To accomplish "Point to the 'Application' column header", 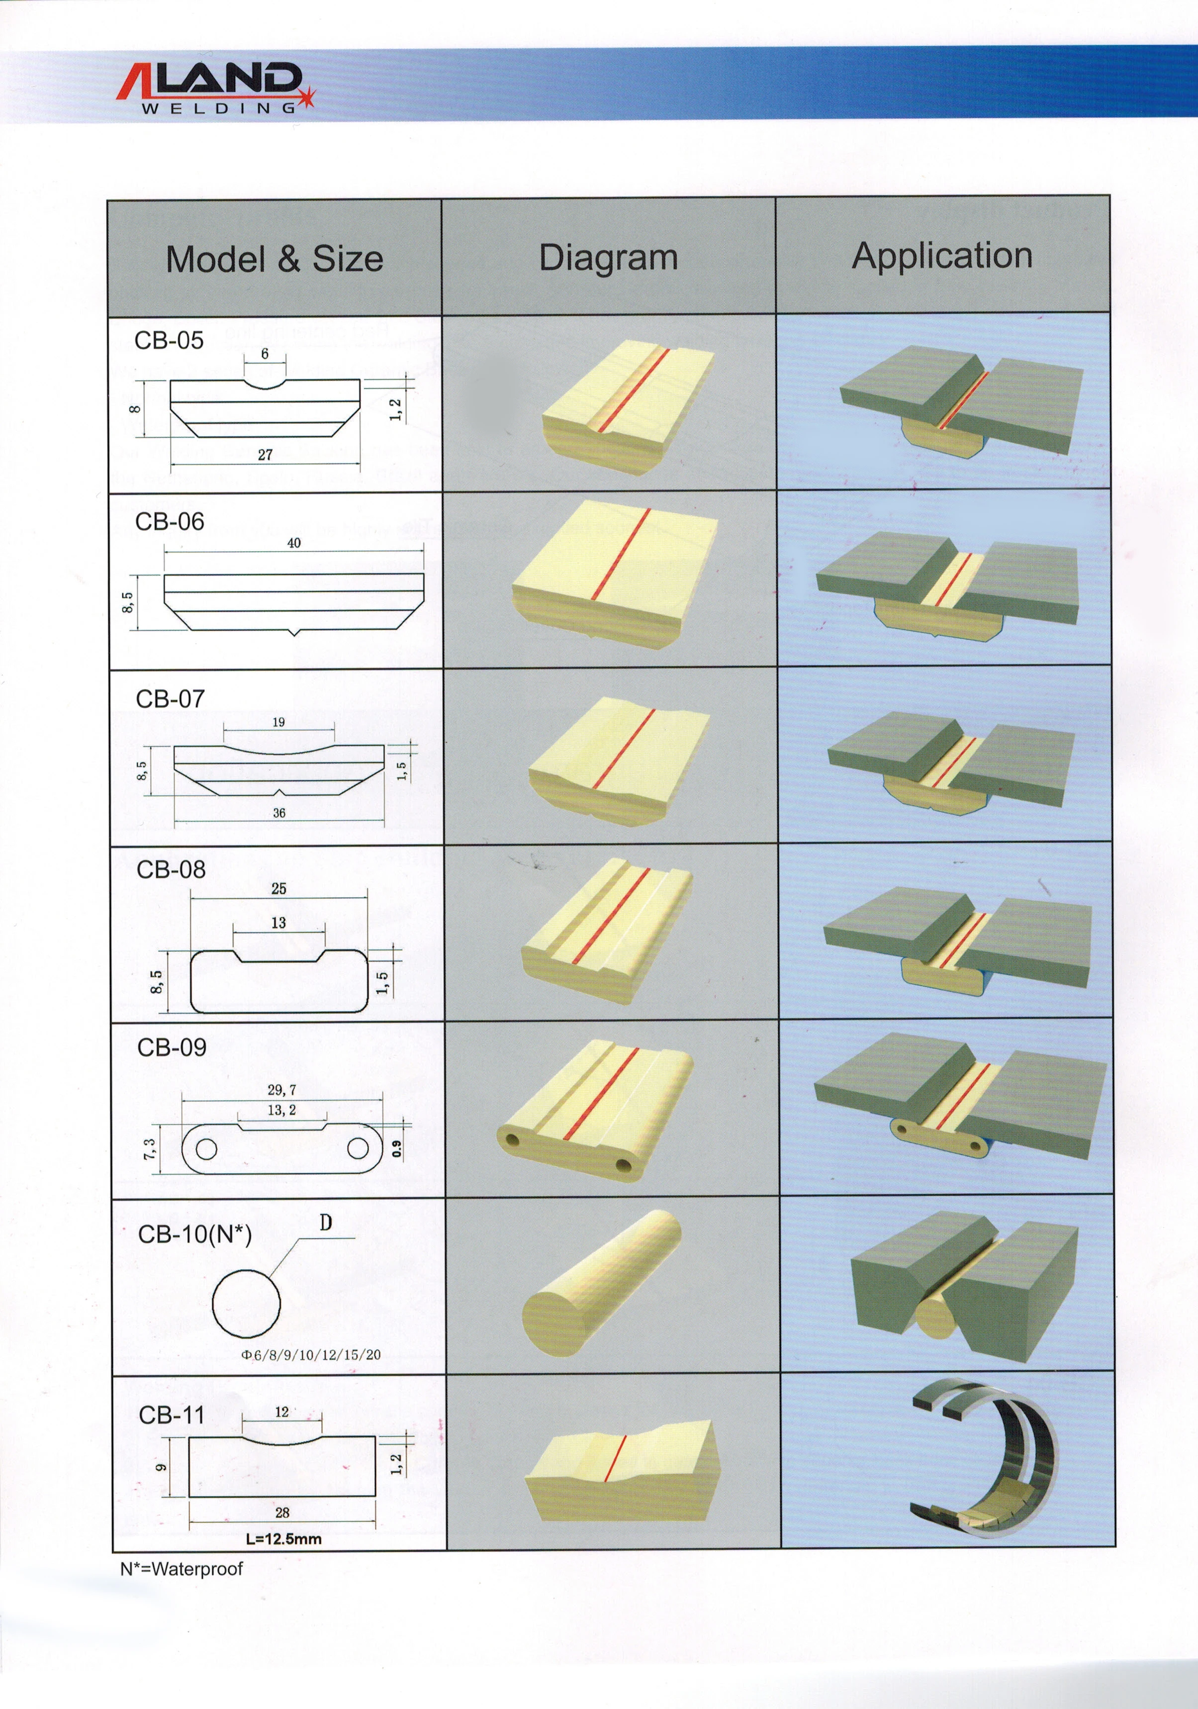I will [942, 255].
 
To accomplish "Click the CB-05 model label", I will [169, 341].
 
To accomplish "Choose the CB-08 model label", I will [171, 869].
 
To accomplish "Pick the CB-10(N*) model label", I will [195, 1234].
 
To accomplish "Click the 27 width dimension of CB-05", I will [265, 454].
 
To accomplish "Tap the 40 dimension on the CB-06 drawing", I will [294, 543].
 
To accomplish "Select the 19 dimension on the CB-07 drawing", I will [278, 722].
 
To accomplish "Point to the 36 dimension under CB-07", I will [279, 813].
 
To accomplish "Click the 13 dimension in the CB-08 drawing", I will [278, 923].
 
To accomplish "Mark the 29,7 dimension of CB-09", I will [282, 1090].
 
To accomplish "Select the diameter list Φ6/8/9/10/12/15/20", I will [311, 1355].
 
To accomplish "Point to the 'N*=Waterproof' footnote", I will [182, 1569].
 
